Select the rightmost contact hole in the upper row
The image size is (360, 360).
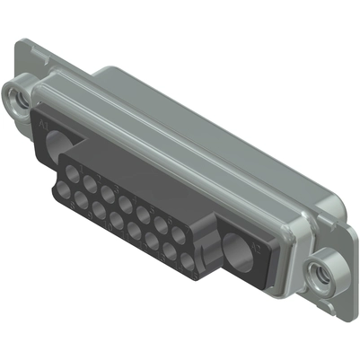179,234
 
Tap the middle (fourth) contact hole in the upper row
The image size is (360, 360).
125,202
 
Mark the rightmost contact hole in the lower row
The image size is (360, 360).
187,261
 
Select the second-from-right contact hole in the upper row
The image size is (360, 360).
161,224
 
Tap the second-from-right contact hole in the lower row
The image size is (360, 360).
170,251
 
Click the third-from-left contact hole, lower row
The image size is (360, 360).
99,211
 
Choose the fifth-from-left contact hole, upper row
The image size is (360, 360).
143,213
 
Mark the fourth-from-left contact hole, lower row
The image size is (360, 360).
116,221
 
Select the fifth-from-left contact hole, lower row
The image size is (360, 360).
134,231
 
